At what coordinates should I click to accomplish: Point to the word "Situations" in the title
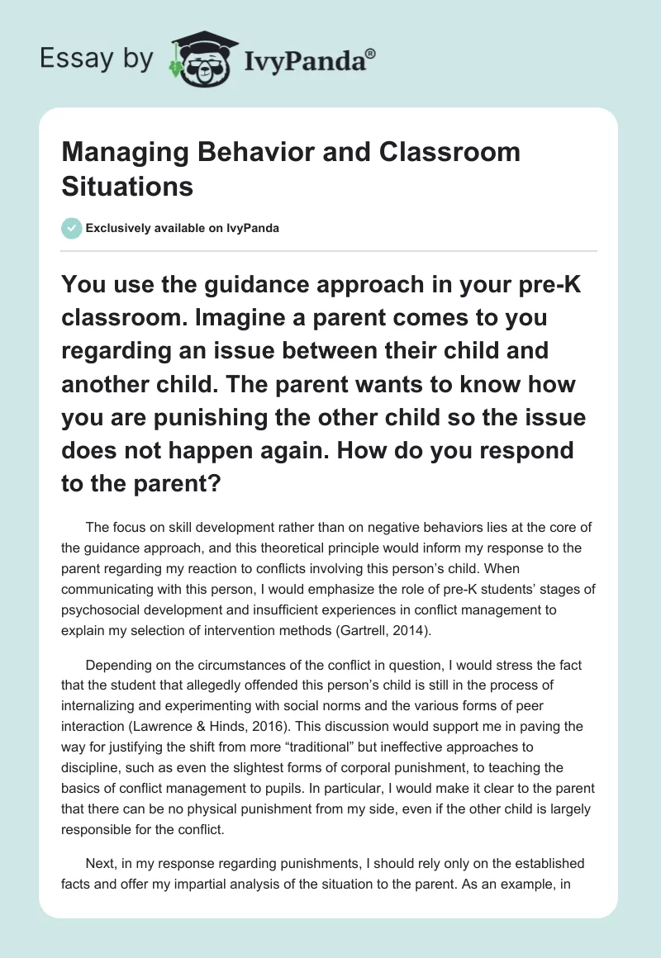pos(127,186)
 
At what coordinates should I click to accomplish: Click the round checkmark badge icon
pos(72,228)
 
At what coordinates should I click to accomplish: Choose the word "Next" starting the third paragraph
pos(100,863)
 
